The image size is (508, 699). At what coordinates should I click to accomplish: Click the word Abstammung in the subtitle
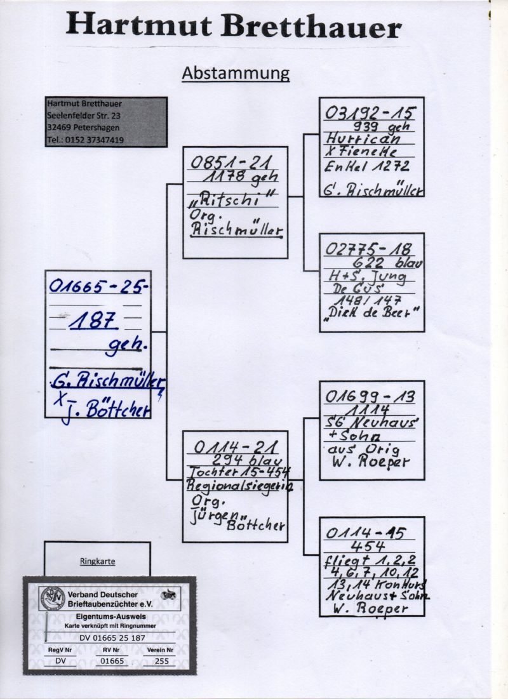pos(236,74)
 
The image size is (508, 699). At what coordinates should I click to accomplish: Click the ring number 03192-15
pos(370,114)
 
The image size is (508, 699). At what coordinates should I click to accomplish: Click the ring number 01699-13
pos(370,397)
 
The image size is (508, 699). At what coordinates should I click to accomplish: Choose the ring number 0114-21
pos(232,447)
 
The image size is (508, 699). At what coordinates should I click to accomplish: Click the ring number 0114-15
pos(365,533)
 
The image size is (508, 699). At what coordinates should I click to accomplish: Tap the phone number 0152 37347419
pos(86,140)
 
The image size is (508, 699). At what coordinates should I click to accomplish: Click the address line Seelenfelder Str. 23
pos(84,116)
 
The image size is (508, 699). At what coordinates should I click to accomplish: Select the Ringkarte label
pos(97,562)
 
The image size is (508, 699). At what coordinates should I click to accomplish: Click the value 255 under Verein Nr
pos(162,661)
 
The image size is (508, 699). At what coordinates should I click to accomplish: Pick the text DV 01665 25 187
pos(110,637)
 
